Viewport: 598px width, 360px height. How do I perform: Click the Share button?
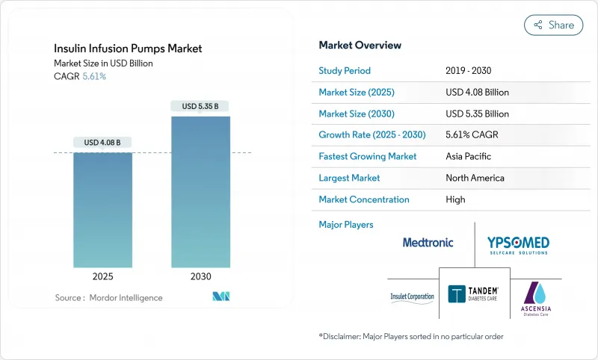pyautogui.click(x=553, y=25)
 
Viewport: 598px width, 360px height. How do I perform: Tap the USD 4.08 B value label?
pyautogui.click(x=102, y=142)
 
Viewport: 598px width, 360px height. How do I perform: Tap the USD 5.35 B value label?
pyautogui.click(x=200, y=106)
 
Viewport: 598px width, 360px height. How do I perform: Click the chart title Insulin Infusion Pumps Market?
pyautogui.click(x=128, y=49)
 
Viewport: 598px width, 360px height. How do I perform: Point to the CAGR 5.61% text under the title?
pyautogui.click(x=80, y=76)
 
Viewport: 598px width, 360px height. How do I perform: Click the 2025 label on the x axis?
pyautogui.click(x=102, y=276)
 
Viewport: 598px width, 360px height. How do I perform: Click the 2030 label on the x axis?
pyautogui.click(x=200, y=276)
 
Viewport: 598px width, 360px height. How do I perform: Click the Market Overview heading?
pyautogui.click(x=360, y=46)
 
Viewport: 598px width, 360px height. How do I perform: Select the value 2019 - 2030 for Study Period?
pyautogui.click(x=469, y=71)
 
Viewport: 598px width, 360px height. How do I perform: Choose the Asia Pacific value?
pyautogui.click(x=468, y=157)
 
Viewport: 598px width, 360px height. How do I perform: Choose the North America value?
pyautogui.click(x=475, y=178)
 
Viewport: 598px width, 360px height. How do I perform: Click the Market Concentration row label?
pyautogui.click(x=364, y=199)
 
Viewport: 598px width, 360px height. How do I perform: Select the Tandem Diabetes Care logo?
pyautogui.click(x=473, y=294)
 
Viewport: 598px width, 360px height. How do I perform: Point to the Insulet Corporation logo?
pyautogui.click(x=411, y=297)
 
